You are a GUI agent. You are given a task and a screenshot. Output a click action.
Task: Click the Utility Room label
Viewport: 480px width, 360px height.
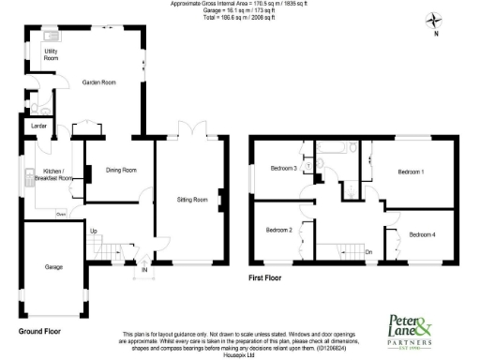point(37,55)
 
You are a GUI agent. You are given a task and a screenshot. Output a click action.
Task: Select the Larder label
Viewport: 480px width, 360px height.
point(38,125)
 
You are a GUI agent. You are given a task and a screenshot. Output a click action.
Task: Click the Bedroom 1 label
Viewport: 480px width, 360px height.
point(411,172)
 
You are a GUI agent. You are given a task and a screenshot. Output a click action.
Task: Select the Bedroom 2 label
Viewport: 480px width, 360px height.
point(278,230)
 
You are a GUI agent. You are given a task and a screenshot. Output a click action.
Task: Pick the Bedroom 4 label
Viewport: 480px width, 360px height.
point(421,233)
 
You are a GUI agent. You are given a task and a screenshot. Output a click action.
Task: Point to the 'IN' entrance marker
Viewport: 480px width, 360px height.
point(144,271)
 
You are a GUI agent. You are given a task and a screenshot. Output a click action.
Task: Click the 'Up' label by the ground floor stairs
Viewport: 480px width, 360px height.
point(93,231)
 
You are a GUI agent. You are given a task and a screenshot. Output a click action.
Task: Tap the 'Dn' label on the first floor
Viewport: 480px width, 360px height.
point(368,251)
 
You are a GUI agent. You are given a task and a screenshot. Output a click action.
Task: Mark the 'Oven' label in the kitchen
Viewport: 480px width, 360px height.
point(60,214)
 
